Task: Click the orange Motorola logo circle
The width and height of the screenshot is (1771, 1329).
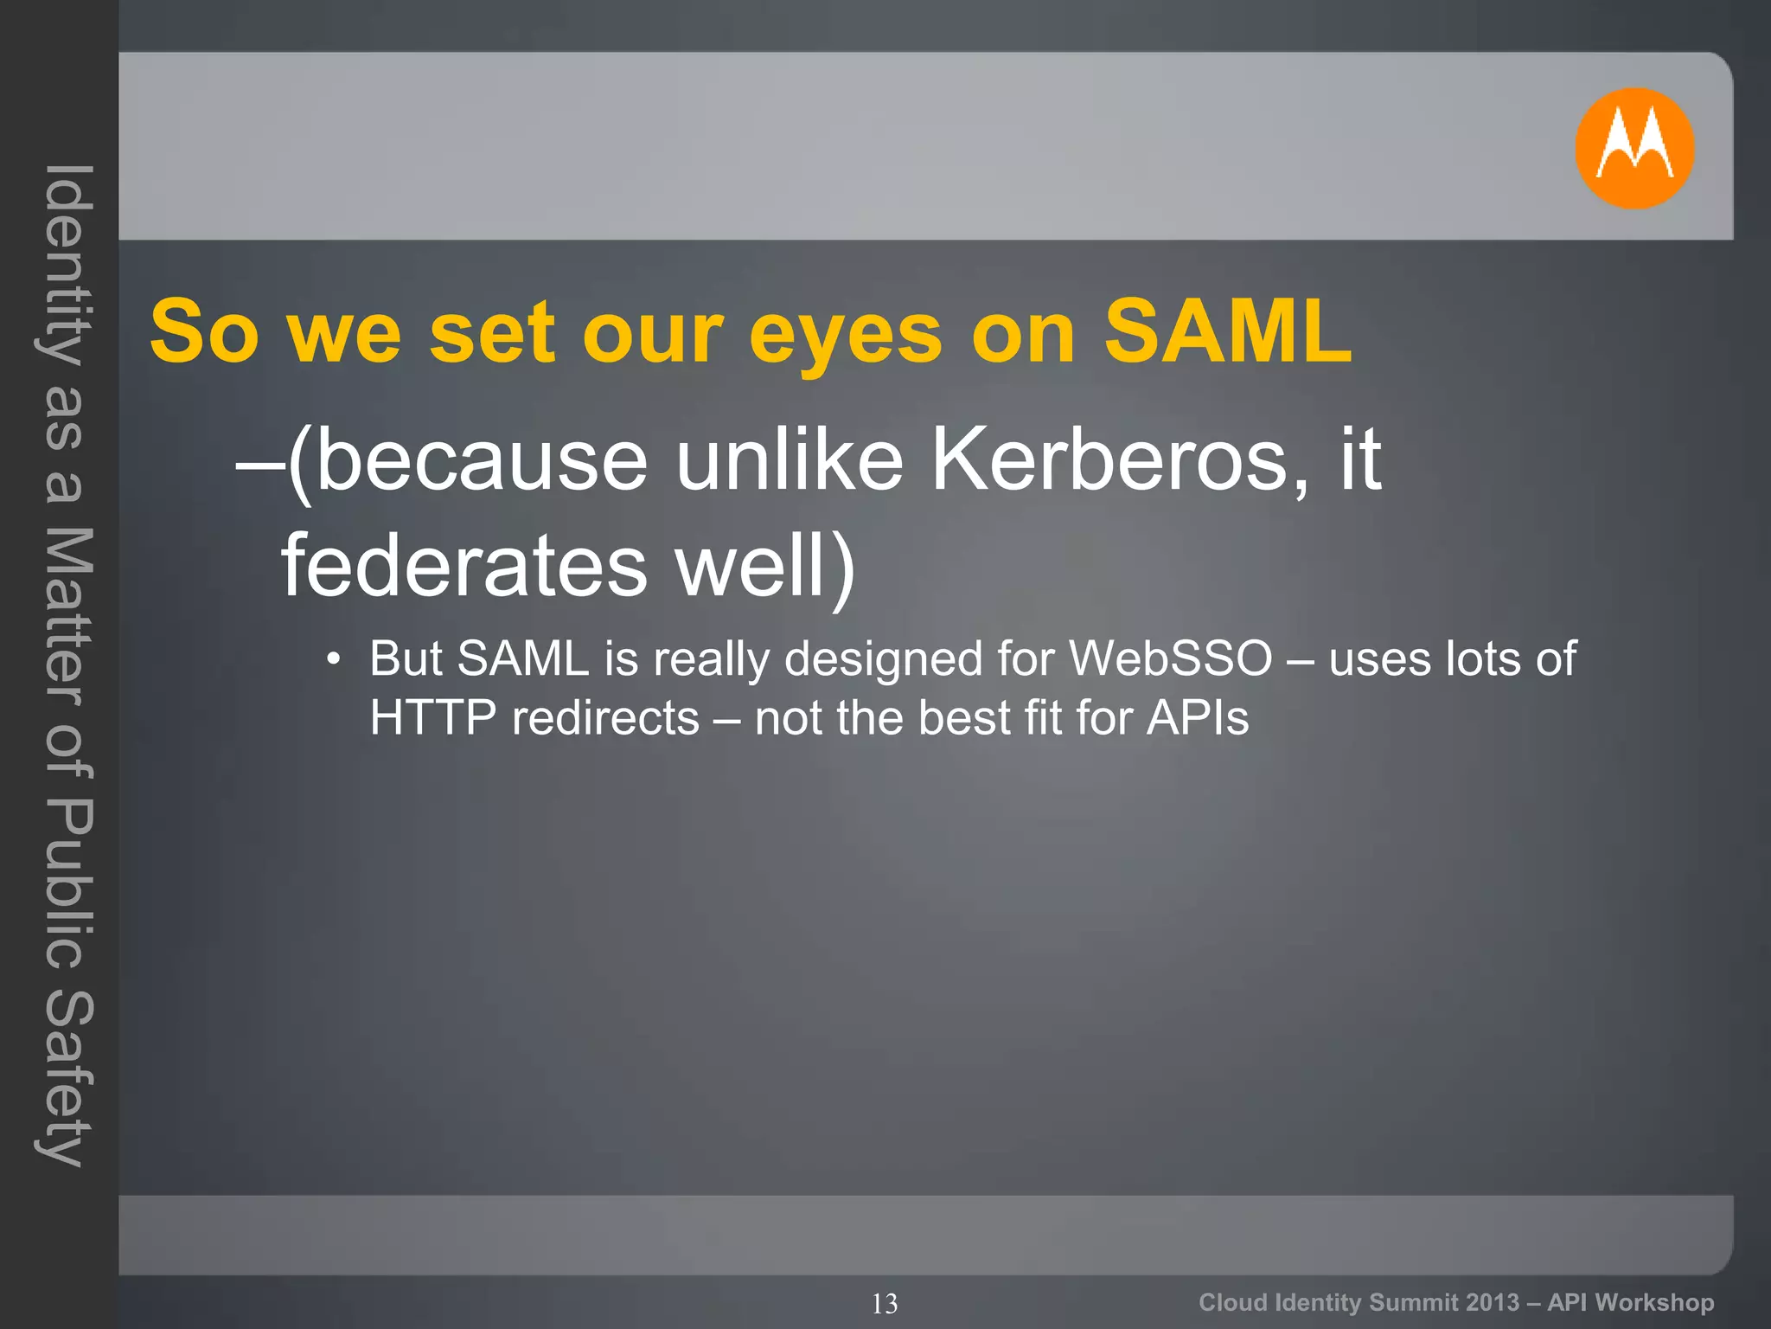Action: coord(1634,148)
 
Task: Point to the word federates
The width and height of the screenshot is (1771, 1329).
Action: coord(464,566)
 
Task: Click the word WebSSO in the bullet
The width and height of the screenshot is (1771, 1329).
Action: coord(1171,658)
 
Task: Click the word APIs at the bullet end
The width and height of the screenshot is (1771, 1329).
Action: coord(1198,718)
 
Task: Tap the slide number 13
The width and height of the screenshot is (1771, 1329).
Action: coord(885,1303)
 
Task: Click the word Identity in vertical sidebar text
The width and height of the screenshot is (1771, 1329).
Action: coord(66,264)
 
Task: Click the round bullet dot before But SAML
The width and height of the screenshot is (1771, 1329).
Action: coord(334,660)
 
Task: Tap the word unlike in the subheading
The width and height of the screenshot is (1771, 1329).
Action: coord(789,460)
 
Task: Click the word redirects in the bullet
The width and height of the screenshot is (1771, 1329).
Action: coord(605,718)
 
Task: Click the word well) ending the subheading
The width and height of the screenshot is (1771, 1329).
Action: coord(765,568)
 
